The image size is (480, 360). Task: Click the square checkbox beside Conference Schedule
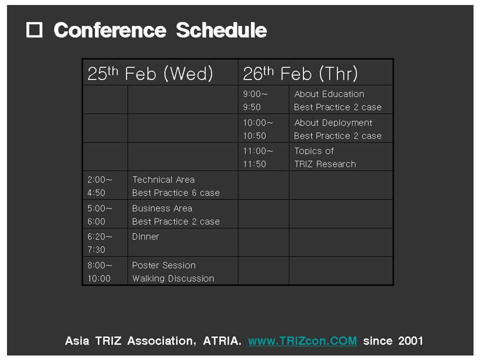[x=34, y=30]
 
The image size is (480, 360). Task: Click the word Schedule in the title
[x=221, y=30]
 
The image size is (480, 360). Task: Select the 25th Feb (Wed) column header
[x=160, y=72]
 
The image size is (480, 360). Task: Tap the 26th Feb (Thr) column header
[x=315, y=72]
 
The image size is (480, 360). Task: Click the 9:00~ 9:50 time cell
[x=263, y=100]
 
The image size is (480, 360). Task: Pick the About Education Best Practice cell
[x=341, y=100]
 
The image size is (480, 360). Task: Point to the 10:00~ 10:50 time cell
[x=263, y=128]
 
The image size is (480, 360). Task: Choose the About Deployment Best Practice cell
[x=341, y=128]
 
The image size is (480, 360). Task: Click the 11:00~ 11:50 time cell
[x=263, y=156]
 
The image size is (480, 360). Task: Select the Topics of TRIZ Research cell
[x=341, y=156]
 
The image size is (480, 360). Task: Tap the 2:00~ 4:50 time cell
[x=105, y=185]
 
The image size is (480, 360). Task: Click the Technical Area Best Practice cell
[x=183, y=185]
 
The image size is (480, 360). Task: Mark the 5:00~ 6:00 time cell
[x=105, y=214]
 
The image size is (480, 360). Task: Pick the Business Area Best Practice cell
[x=183, y=214]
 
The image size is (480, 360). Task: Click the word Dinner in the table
[x=145, y=236]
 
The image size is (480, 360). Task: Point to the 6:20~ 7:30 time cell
[x=105, y=242]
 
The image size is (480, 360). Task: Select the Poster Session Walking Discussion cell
[x=183, y=271]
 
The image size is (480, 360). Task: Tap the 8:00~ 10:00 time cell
[x=105, y=271]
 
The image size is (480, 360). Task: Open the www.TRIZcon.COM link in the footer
[x=302, y=340]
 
